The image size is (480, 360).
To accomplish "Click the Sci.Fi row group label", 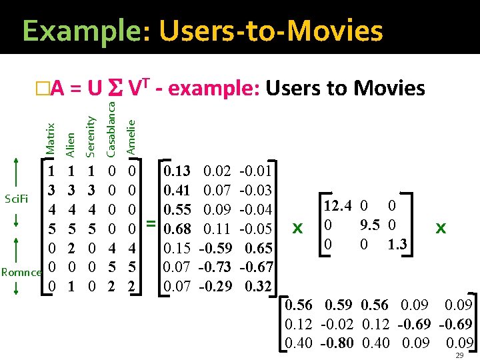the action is coord(15,198).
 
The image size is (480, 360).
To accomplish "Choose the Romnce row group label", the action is coord(21,272).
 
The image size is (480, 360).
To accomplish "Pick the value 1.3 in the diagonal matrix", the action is coord(397,244).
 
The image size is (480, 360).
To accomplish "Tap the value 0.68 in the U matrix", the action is coord(177,229).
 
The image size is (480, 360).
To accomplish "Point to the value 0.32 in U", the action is coord(259,287).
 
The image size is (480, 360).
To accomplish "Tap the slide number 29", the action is coord(459,355).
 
